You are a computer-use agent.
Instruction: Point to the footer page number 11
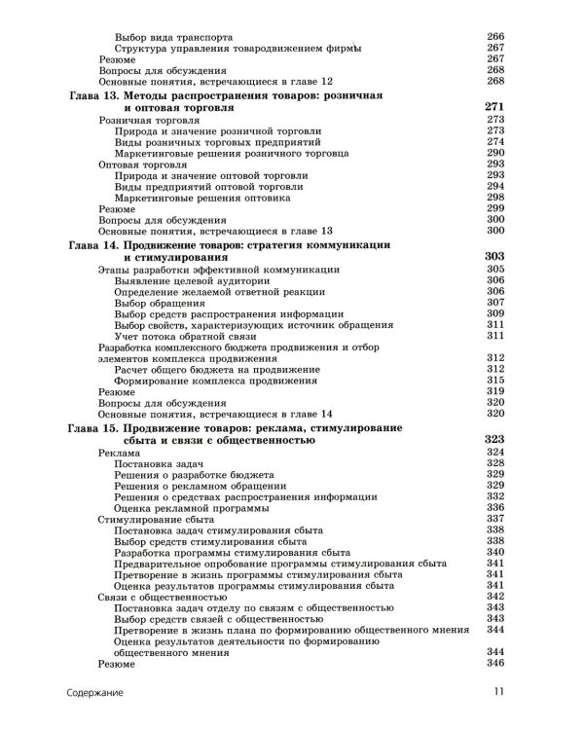click(495, 694)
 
